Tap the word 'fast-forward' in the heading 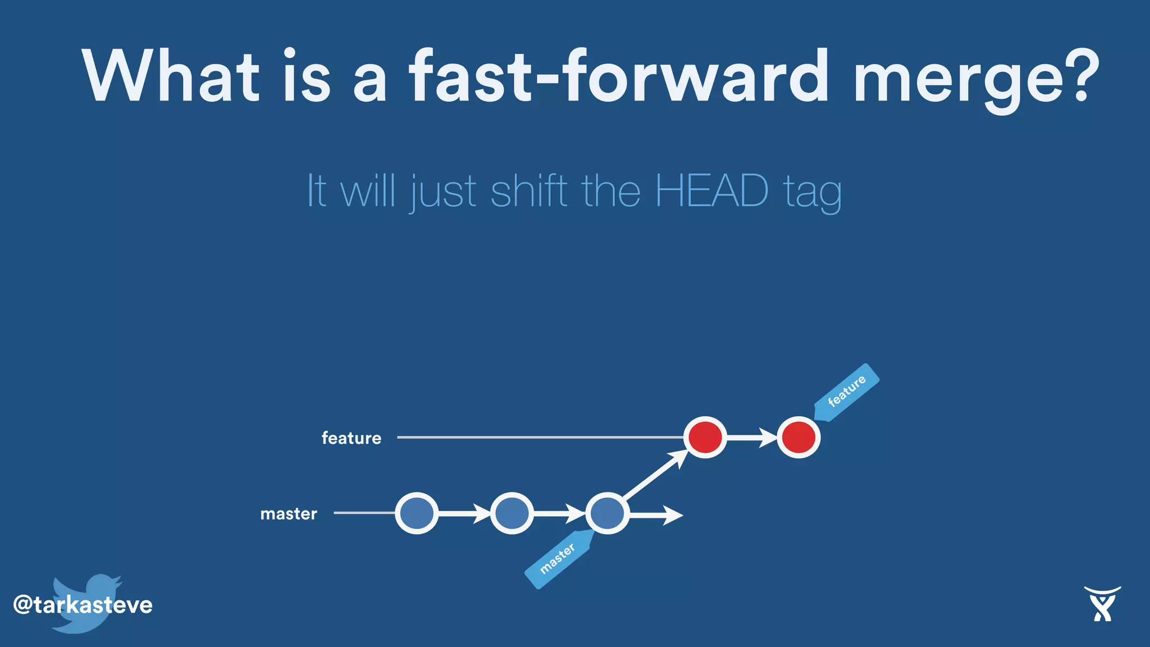pyautogui.click(x=618, y=76)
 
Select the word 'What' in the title pyautogui.click(x=171, y=76)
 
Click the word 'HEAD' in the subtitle pyautogui.click(x=711, y=191)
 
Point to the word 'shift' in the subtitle pyautogui.click(x=529, y=191)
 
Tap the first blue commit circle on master pyautogui.click(x=417, y=513)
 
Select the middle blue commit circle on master pyautogui.click(x=512, y=513)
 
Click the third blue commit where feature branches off pyautogui.click(x=607, y=513)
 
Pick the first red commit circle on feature pyautogui.click(x=705, y=438)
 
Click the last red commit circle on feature pyautogui.click(x=798, y=438)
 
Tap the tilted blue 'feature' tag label pyautogui.click(x=847, y=391)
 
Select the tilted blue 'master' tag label pyautogui.click(x=558, y=559)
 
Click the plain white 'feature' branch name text pyautogui.click(x=352, y=438)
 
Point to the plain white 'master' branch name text pyautogui.click(x=289, y=514)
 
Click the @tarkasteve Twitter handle pyautogui.click(x=83, y=605)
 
